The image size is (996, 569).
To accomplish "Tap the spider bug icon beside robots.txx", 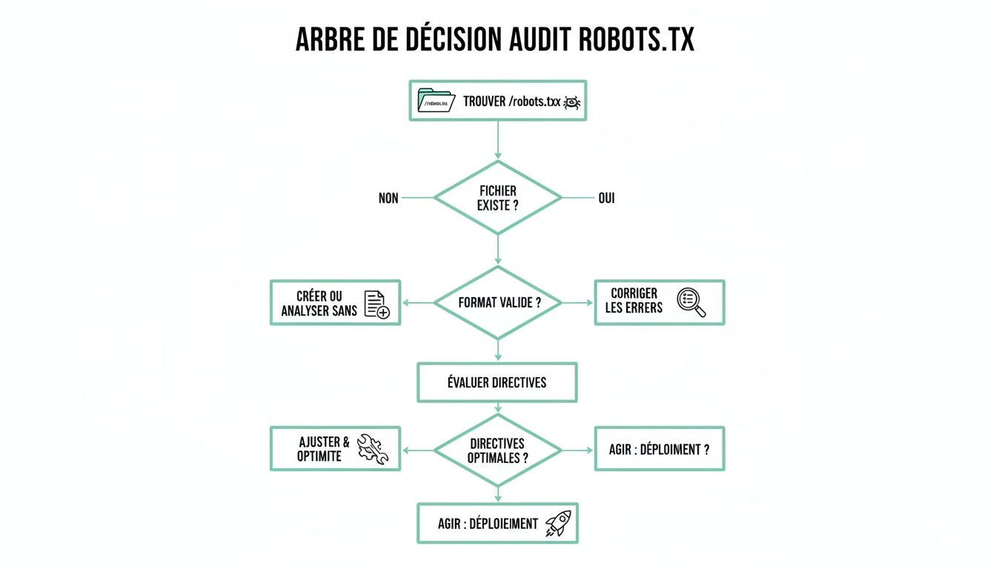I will coord(573,102).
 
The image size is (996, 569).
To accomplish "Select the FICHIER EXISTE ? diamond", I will coord(497,198).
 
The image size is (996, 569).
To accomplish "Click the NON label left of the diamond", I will coord(388,199).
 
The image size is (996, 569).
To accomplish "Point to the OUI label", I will coord(606,199).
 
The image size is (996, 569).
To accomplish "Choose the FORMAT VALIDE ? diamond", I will coord(497,302).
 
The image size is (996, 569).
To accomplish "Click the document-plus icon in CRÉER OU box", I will coord(377,303).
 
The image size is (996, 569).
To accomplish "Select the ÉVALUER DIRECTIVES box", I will coord(497,382).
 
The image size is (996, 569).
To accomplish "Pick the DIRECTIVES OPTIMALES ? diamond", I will coord(497,450).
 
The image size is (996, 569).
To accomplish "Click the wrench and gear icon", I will coord(373,449).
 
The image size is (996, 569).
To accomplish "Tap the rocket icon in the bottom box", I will coord(557,524).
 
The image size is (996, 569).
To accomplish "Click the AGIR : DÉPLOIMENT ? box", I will coord(659,449).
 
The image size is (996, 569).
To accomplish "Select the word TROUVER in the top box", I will coord(485,102).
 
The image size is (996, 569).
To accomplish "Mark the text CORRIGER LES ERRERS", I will coord(634,301).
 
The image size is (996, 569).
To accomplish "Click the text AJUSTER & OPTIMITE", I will coord(321,449).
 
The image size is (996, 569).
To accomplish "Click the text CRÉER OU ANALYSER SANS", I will coord(319,304).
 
